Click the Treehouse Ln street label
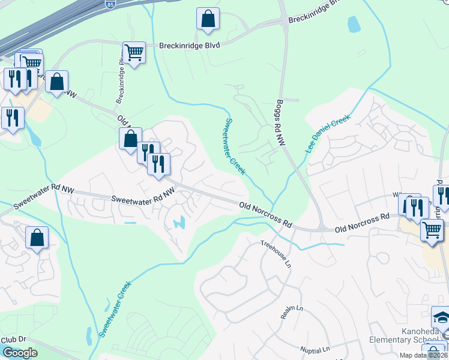(274, 254)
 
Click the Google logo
(20, 353)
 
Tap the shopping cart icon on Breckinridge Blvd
(134, 53)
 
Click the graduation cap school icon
(441, 317)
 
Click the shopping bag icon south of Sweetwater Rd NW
(37, 238)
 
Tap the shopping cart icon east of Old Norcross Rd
(432, 230)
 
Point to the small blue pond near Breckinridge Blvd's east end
(354, 24)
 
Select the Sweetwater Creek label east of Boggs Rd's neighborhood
(235, 146)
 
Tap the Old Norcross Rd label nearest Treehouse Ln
(265, 214)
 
